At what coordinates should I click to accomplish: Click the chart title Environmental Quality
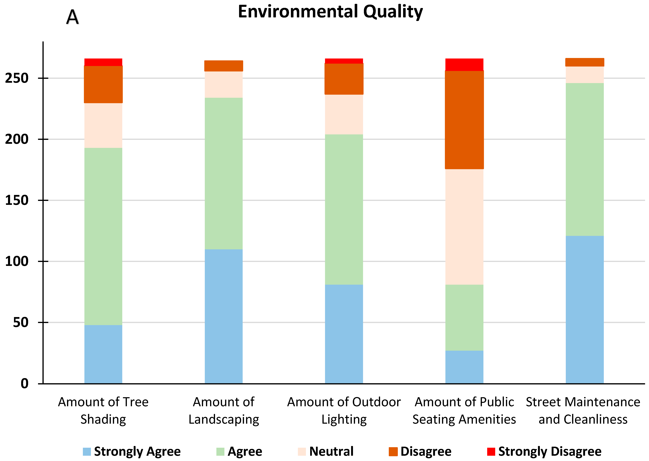point(330,12)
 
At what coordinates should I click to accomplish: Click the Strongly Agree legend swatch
point(87,451)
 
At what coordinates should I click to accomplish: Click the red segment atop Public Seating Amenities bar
point(464,64)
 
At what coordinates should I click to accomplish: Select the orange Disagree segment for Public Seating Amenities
point(464,120)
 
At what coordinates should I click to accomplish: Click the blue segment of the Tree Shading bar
point(103,354)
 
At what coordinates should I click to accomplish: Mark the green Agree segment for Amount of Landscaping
point(224,173)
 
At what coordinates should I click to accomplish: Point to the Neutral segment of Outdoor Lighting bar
point(344,114)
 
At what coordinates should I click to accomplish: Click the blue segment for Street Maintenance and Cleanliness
point(585,309)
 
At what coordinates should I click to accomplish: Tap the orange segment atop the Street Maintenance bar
point(585,62)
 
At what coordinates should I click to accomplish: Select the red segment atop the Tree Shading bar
point(103,62)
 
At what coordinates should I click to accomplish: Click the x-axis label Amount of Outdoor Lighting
point(344,411)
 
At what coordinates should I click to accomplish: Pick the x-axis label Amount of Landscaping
point(224,411)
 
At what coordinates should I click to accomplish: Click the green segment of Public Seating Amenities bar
point(464,317)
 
